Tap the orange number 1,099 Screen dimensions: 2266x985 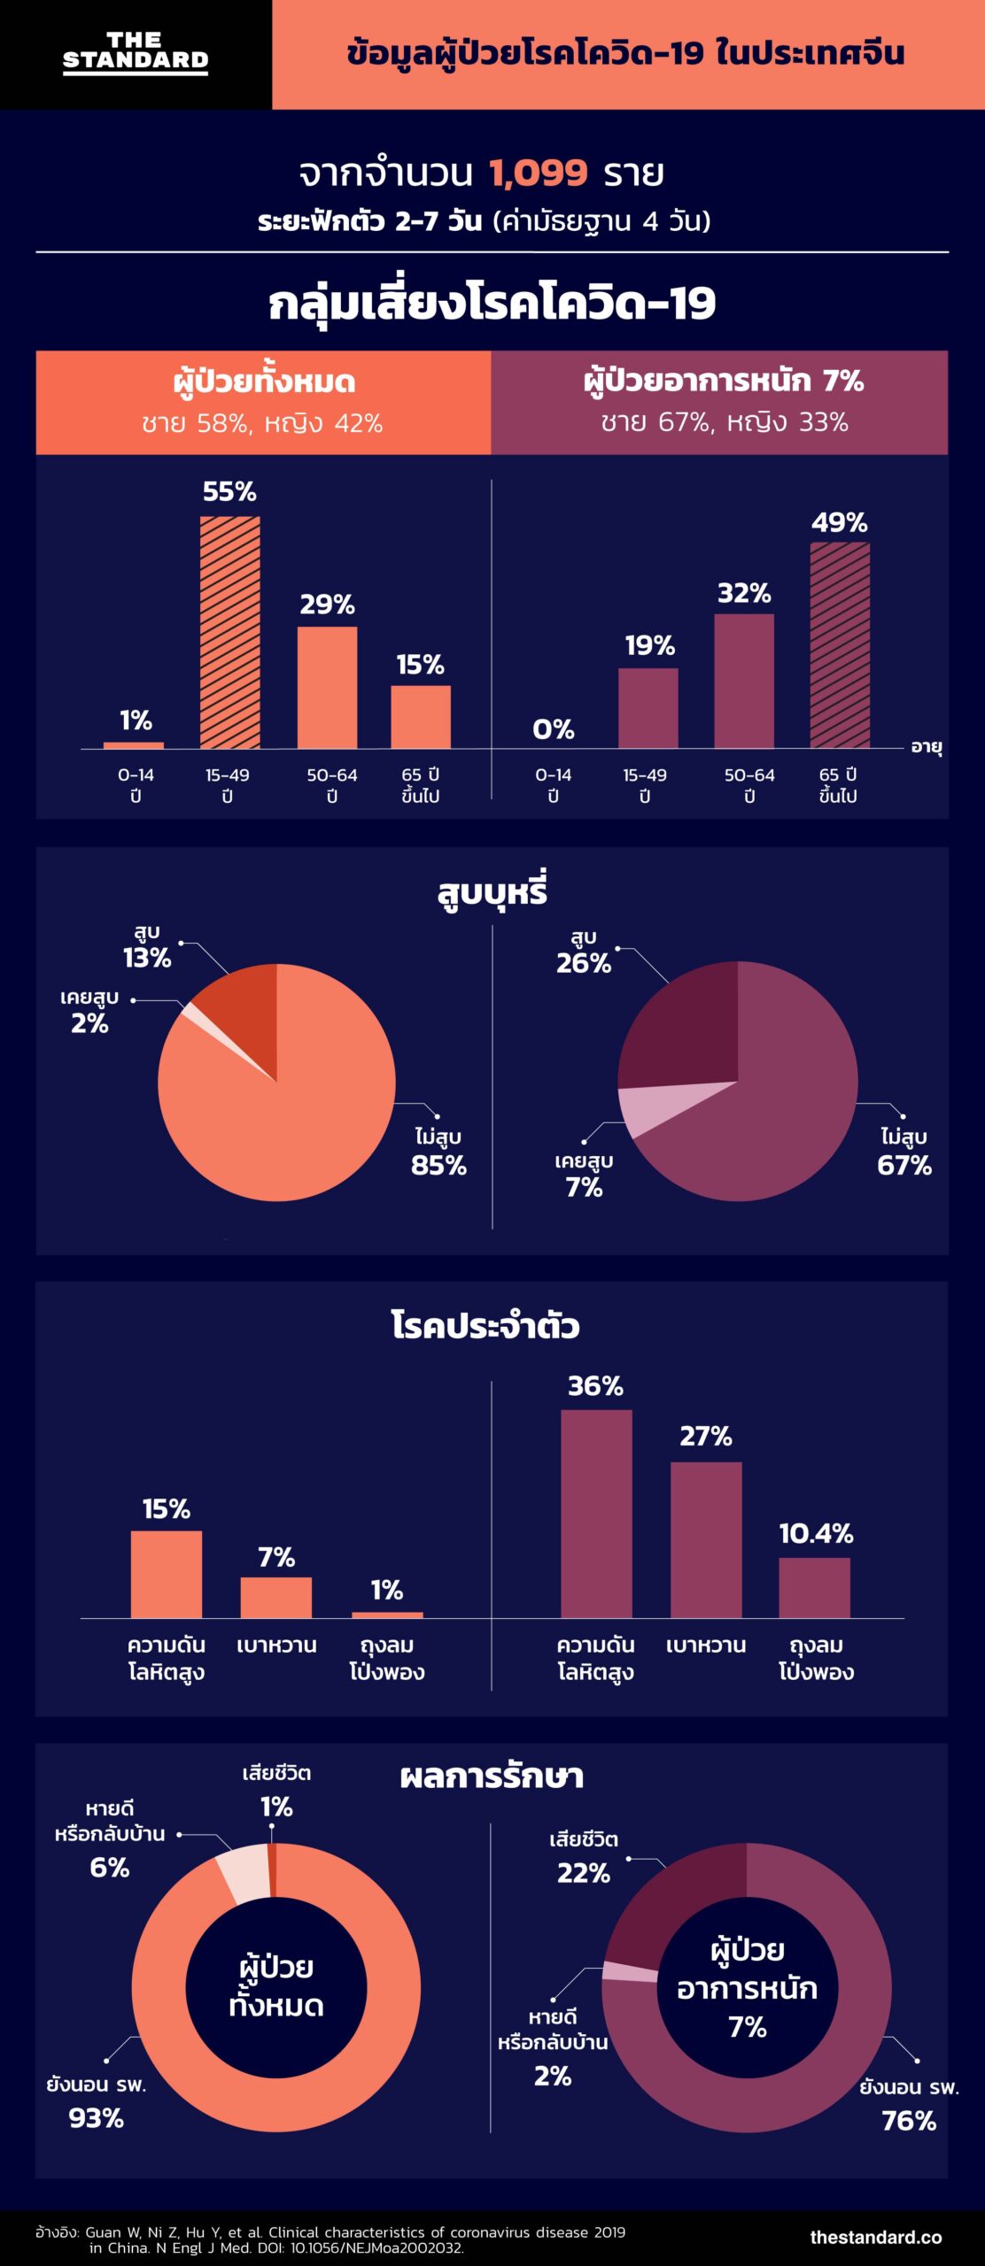click(x=538, y=173)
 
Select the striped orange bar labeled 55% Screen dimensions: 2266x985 click(x=230, y=632)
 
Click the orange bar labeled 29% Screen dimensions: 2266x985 click(x=327, y=688)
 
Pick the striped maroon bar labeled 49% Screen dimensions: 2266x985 click(x=840, y=645)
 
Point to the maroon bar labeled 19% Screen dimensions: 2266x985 click(x=648, y=708)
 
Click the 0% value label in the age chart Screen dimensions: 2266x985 click(x=554, y=729)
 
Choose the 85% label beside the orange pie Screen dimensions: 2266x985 click(x=438, y=1165)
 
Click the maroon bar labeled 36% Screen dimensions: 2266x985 click(x=596, y=1514)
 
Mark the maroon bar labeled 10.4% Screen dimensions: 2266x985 click(x=815, y=1588)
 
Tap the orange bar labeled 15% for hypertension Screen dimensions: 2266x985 click(x=167, y=1575)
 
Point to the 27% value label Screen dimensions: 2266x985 click(x=706, y=1436)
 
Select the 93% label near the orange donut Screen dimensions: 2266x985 click(x=97, y=2118)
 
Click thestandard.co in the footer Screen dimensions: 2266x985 click(x=875, y=2237)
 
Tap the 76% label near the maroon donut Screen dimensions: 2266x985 click(x=909, y=2121)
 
